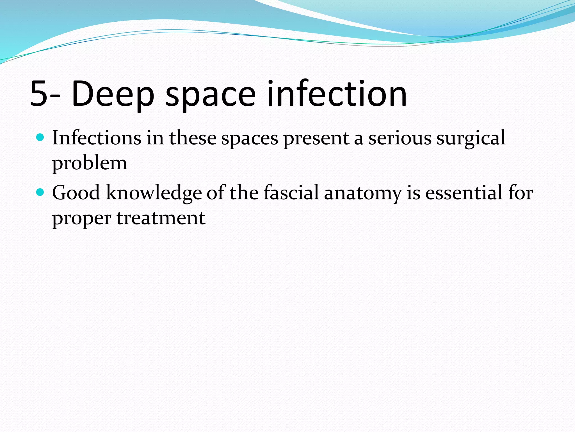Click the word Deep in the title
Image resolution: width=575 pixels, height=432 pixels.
[112, 94]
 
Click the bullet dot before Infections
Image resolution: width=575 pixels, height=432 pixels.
[40, 138]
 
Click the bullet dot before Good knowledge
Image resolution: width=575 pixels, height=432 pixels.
[40, 192]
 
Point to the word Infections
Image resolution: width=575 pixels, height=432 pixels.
[97, 138]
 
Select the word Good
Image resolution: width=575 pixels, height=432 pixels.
[76, 193]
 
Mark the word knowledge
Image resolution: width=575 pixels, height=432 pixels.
[154, 193]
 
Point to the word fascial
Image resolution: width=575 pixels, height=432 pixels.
[291, 193]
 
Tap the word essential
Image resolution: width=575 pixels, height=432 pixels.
[463, 193]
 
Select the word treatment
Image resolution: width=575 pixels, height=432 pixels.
[161, 218]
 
